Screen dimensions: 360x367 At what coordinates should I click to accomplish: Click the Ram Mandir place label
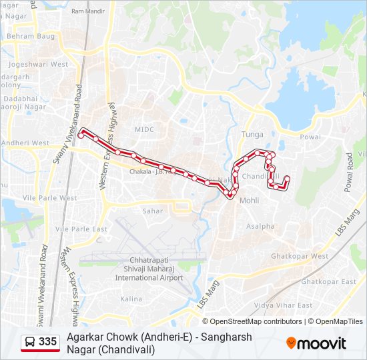(x=87, y=11)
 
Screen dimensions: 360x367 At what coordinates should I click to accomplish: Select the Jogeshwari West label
(x=39, y=65)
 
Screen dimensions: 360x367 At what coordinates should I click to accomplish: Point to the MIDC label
(x=144, y=129)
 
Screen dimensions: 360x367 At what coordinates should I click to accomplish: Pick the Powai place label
(x=310, y=137)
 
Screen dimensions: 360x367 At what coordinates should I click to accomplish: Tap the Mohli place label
(x=249, y=200)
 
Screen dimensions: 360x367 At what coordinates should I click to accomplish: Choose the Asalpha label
(x=260, y=226)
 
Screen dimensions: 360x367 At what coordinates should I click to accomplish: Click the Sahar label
(x=152, y=211)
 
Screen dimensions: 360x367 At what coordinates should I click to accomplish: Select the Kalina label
(x=131, y=299)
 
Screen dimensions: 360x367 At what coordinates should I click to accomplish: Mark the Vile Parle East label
(x=81, y=229)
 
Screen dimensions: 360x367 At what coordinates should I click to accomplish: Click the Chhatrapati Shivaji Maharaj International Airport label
(x=148, y=269)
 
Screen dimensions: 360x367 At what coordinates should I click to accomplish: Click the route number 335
(x=48, y=342)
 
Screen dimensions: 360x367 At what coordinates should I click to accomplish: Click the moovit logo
(x=316, y=343)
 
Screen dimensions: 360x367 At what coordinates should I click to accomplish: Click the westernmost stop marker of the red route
(x=81, y=135)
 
